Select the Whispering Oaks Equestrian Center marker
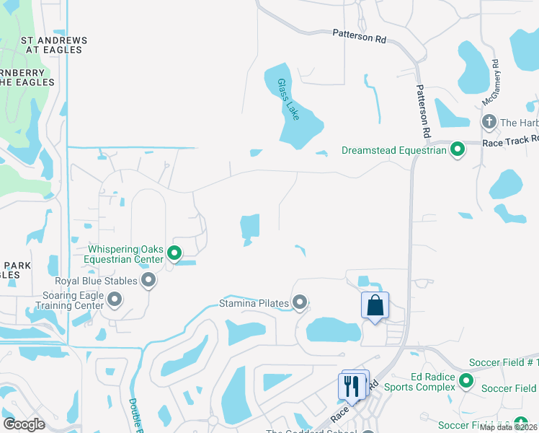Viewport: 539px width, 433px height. click(174, 253)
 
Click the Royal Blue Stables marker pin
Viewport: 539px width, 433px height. click(148, 279)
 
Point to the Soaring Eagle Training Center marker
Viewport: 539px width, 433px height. click(114, 299)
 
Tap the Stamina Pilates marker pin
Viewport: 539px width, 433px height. click(300, 303)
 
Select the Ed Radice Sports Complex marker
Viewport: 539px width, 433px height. click(465, 380)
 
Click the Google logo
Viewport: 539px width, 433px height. click(24, 424)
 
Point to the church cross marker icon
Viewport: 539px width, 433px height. click(489, 121)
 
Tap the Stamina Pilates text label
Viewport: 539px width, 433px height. click(254, 303)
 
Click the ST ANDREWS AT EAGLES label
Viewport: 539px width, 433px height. click(54, 45)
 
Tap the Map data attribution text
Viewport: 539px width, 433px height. click(509, 427)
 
